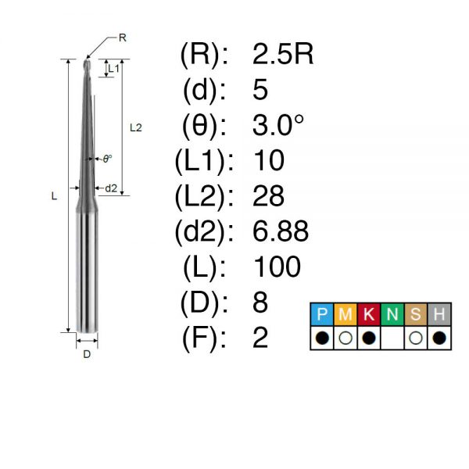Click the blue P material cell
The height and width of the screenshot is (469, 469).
click(x=322, y=314)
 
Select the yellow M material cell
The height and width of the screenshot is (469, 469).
click(x=345, y=314)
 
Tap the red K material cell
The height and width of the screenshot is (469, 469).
click(x=369, y=314)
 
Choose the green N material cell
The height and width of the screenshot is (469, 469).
click(x=392, y=314)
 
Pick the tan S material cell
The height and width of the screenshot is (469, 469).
click(x=416, y=314)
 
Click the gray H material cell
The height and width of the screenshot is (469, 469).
click(x=439, y=314)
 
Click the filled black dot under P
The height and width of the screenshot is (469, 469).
click(x=322, y=338)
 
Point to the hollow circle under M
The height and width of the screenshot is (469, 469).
click(x=345, y=338)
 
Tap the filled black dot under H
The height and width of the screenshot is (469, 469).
click(x=439, y=338)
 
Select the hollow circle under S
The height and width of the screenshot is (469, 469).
click(x=416, y=338)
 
